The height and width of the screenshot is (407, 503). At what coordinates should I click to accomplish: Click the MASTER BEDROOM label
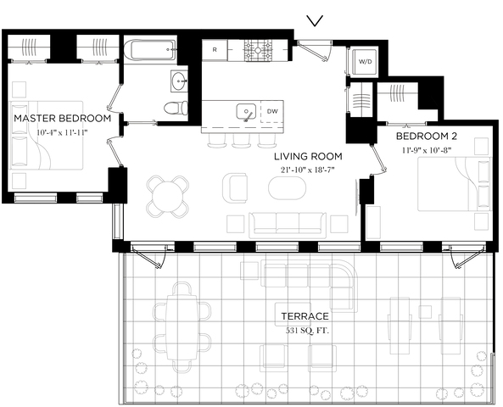click(63, 119)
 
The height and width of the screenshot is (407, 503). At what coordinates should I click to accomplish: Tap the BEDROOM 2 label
click(427, 137)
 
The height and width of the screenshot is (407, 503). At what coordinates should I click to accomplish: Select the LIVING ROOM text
click(308, 157)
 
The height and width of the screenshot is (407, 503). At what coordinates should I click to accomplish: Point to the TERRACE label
click(305, 316)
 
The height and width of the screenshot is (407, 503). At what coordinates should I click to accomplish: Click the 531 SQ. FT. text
click(307, 331)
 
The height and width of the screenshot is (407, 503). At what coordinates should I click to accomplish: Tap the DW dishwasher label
click(272, 111)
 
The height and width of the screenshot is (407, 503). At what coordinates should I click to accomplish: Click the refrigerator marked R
click(215, 50)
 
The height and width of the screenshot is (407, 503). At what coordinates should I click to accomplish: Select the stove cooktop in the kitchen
click(258, 50)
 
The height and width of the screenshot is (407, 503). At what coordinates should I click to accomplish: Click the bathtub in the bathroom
click(149, 50)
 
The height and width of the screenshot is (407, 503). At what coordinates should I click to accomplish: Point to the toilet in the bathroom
click(176, 108)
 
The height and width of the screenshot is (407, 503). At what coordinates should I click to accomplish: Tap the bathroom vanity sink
click(179, 81)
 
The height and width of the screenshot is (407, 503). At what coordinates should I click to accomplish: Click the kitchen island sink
click(246, 112)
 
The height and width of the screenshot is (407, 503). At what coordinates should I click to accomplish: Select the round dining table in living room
click(167, 196)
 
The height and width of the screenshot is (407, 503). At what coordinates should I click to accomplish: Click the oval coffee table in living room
click(287, 188)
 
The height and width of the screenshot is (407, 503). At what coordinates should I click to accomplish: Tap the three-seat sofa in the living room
click(288, 226)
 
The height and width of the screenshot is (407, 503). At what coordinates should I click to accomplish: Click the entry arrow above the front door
click(315, 21)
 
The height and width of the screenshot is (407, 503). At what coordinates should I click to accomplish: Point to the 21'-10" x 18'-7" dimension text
click(308, 170)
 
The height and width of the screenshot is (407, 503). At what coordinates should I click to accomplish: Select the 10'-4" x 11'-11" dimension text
click(62, 132)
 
